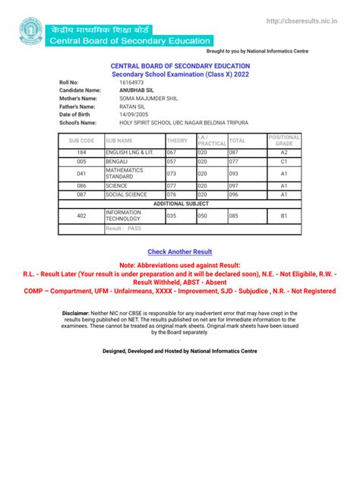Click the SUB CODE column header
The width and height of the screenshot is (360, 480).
tap(81, 141)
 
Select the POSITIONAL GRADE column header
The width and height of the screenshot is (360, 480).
tap(284, 141)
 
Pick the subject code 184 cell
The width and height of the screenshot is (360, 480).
tap(81, 153)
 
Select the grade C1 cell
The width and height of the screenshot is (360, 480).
tap(284, 163)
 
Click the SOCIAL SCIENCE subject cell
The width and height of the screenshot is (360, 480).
tap(127, 194)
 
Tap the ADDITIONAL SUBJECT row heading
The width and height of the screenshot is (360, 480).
tap(180, 204)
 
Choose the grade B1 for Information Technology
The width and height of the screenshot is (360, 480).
tap(284, 216)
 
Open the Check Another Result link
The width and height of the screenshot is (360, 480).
tap(180, 251)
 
